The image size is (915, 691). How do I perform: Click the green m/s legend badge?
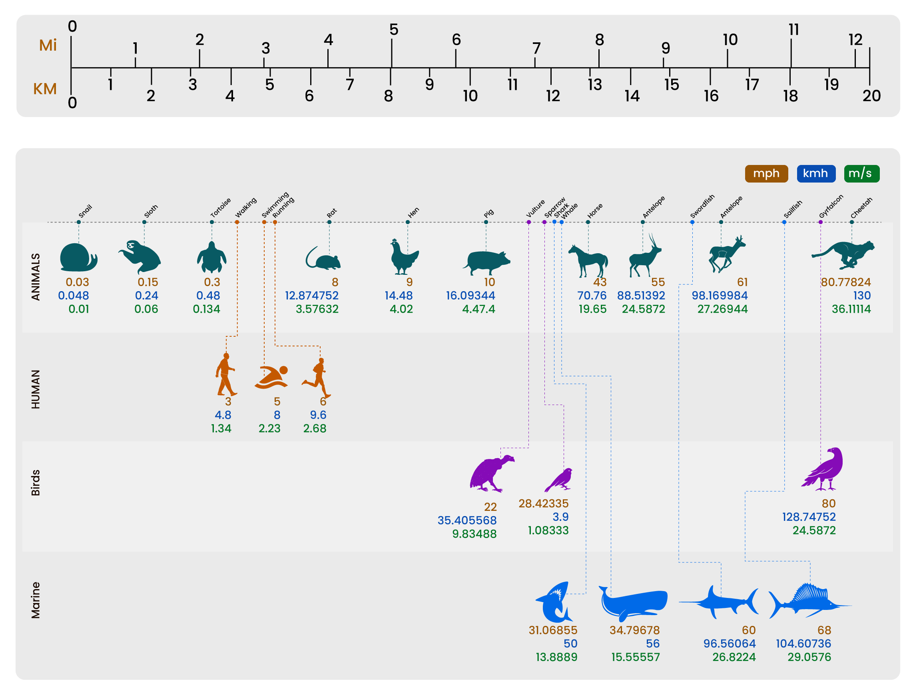click(x=862, y=174)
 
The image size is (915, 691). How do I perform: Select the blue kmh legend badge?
click(x=816, y=174)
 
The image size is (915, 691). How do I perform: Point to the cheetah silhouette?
click(x=843, y=254)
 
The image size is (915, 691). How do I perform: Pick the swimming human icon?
click(x=271, y=377)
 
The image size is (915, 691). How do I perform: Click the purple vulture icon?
click(x=491, y=474)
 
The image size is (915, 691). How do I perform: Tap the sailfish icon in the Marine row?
click(x=809, y=601)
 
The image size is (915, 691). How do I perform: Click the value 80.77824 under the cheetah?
click(x=845, y=282)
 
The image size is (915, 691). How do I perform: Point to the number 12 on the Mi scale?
click(x=855, y=40)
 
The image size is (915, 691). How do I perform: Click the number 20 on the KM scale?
click(x=871, y=96)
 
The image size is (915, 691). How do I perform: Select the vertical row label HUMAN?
click(x=36, y=389)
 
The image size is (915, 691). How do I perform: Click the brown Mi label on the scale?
click(x=48, y=45)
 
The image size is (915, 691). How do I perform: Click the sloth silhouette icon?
click(x=140, y=257)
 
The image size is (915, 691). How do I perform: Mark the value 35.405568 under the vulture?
click(x=466, y=520)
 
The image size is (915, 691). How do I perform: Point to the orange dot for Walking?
click(x=237, y=222)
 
